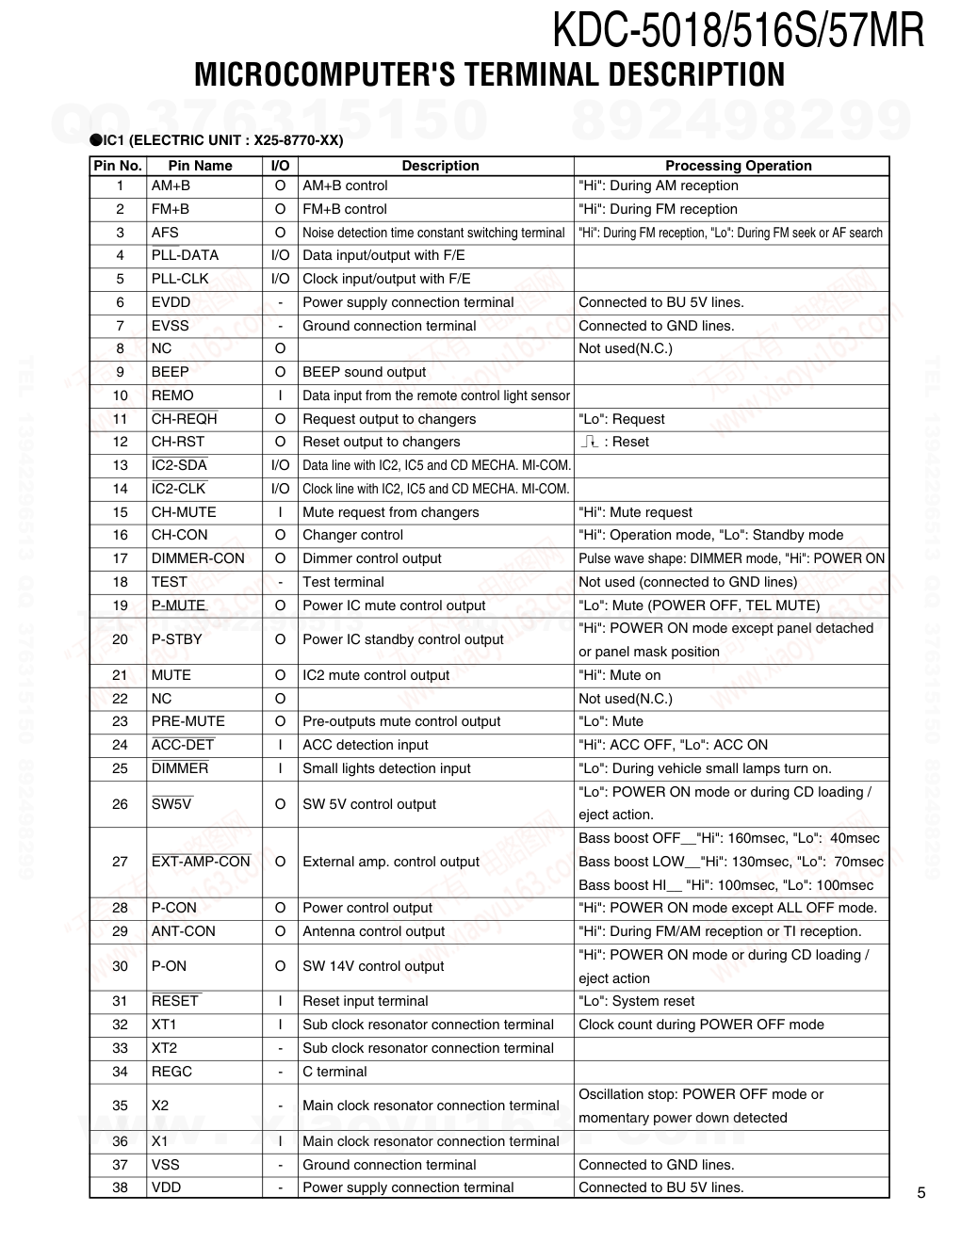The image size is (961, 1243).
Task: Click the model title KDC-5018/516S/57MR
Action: click(738, 30)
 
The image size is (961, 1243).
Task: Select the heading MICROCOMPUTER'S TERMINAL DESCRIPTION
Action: click(489, 74)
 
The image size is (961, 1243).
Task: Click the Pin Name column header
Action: click(200, 166)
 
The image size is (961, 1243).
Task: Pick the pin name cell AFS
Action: click(165, 233)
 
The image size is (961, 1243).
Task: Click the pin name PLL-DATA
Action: click(185, 255)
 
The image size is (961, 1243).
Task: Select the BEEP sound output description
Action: click(364, 372)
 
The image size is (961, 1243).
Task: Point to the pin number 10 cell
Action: click(120, 395)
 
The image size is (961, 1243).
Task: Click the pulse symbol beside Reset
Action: click(590, 442)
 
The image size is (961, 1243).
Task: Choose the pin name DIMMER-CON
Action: click(198, 558)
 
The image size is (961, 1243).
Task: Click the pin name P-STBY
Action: click(177, 639)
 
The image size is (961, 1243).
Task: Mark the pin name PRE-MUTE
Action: click(188, 721)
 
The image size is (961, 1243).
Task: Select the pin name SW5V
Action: click(171, 804)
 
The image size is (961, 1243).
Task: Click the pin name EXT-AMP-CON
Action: click(201, 862)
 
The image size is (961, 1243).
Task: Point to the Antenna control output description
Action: click(373, 931)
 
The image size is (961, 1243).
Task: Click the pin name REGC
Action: click(171, 1072)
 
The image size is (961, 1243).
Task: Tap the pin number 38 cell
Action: click(120, 1187)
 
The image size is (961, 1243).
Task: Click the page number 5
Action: click(921, 1193)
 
